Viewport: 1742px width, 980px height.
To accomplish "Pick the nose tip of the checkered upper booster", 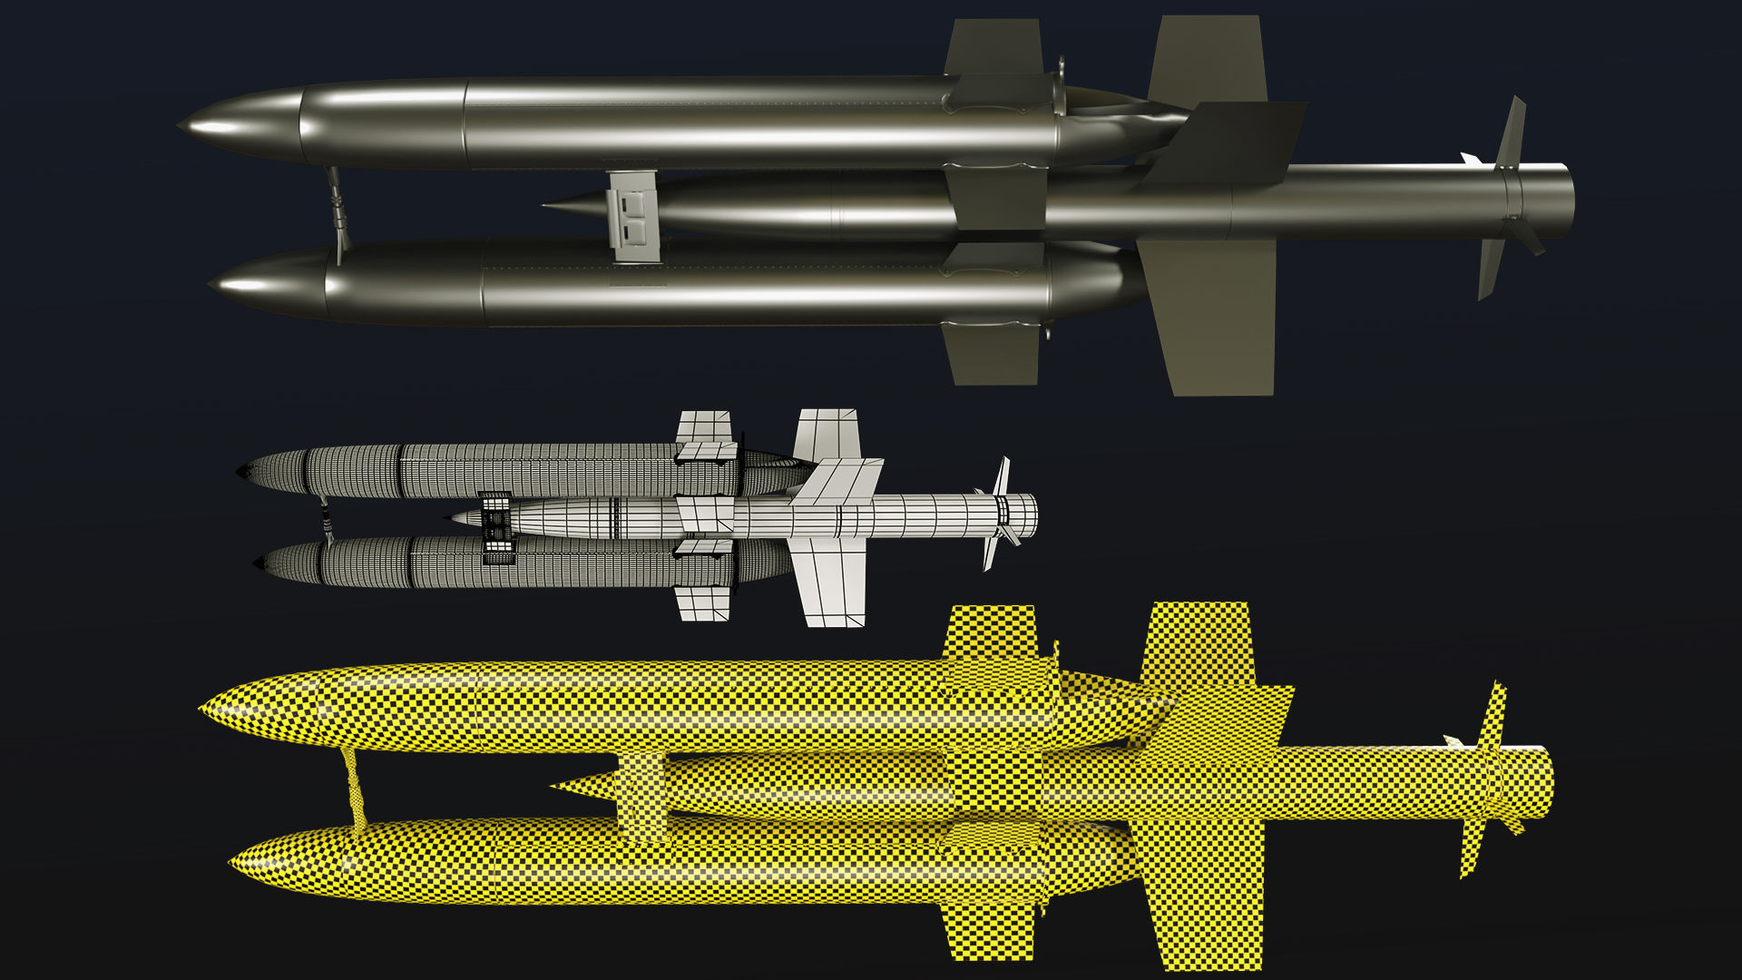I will pos(202,709).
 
